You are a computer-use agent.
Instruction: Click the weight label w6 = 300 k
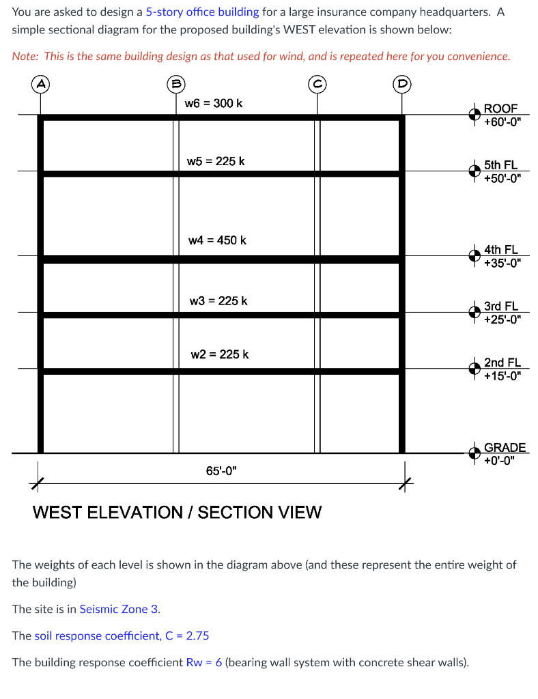tap(214, 103)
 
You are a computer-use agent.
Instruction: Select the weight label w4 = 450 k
tap(217, 240)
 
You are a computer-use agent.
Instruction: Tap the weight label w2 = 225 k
tap(219, 354)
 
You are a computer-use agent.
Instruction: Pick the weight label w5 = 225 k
tap(216, 161)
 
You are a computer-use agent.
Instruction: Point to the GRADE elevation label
tap(504, 453)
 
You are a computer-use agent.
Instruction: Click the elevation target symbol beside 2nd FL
tap(473, 369)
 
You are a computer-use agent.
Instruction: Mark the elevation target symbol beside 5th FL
tap(473, 171)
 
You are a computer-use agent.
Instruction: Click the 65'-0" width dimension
tap(222, 471)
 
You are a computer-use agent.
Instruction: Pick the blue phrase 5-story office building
tap(202, 12)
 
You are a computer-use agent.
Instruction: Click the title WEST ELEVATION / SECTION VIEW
tap(177, 512)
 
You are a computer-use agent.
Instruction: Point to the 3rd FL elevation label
tap(501, 313)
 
